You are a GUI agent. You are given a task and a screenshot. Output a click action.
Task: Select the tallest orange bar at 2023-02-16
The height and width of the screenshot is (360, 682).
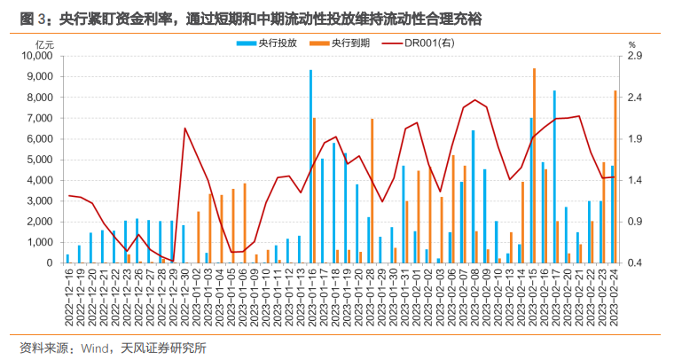pos(534,165)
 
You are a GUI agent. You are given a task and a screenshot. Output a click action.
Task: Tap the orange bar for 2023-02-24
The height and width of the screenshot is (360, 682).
pos(615,176)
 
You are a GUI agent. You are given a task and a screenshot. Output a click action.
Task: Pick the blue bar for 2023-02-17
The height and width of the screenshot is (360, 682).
pos(554,176)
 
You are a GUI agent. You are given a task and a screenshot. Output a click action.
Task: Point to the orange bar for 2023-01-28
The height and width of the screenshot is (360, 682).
pos(372,191)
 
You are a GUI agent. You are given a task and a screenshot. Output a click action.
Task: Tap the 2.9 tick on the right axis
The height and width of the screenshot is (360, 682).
pos(634,55)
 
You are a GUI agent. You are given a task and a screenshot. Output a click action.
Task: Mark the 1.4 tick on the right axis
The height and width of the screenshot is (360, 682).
pos(634,180)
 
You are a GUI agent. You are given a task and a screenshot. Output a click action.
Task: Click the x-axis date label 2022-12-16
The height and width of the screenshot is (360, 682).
pos(68,297)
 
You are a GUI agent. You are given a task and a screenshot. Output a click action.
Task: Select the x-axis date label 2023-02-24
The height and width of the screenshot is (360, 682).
pos(613,297)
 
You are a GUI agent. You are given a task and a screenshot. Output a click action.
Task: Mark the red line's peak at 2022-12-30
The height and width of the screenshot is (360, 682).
pos(184,129)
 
